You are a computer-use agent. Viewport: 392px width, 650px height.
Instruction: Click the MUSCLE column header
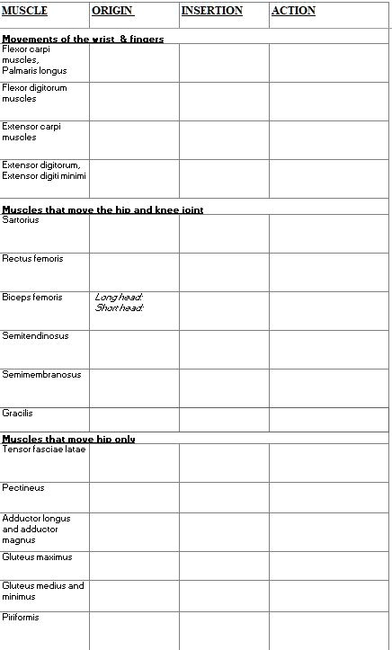coord(24,11)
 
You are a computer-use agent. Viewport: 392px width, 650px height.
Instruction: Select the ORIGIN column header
coord(112,11)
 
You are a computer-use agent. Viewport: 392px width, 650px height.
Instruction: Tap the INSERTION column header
coord(212,11)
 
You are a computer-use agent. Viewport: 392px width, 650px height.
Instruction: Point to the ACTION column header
coord(293,11)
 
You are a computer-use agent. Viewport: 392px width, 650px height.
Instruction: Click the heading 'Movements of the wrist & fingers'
coord(83,39)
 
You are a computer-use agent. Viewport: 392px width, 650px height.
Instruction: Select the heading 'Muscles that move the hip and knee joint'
coord(102,209)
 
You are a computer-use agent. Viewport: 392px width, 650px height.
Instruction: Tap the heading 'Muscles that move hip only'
coord(68,439)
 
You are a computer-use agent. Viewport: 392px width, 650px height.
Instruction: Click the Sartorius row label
coord(21,219)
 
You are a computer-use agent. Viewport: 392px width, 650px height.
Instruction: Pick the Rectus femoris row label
coord(32,259)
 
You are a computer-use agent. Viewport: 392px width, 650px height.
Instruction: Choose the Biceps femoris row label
coord(32,298)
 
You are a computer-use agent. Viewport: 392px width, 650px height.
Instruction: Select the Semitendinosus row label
coord(35,336)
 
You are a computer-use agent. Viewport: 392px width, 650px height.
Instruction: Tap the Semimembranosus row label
coord(41,375)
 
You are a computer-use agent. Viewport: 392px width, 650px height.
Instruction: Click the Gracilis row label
coord(17,414)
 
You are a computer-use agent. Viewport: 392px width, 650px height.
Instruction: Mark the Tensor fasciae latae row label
coord(44,449)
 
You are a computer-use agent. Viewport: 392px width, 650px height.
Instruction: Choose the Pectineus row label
coord(23,488)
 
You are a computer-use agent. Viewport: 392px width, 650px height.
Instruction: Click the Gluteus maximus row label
coord(37,557)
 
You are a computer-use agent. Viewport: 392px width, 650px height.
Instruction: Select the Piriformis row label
coord(21,618)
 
